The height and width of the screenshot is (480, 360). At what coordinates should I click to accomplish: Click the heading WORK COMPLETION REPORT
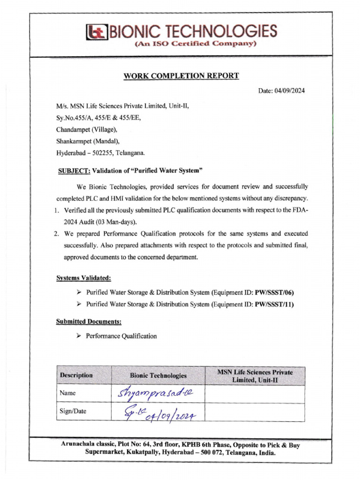pyautogui.click(x=181, y=75)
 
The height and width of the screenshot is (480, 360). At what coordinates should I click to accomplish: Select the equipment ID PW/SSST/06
pyautogui.click(x=275, y=292)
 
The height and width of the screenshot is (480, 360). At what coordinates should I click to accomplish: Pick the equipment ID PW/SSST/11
pyautogui.click(x=274, y=304)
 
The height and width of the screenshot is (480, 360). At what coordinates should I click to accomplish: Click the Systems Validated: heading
pyautogui.click(x=83, y=278)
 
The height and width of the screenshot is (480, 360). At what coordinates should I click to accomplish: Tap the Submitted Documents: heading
pyautogui.click(x=89, y=322)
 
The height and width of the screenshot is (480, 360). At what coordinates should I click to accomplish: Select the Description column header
pyautogui.click(x=76, y=375)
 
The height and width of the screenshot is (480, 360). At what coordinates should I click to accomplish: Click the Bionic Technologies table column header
pyautogui.click(x=158, y=375)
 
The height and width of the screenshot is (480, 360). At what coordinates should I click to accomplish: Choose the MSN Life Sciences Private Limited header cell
pyautogui.click(x=255, y=375)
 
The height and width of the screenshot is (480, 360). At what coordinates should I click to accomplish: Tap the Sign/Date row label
pyautogui.click(x=73, y=412)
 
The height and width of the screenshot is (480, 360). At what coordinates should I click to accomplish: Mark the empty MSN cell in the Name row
pyautogui.click(x=255, y=394)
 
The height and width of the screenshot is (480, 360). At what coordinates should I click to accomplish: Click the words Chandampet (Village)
pyautogui.click(x=87, y=129)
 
